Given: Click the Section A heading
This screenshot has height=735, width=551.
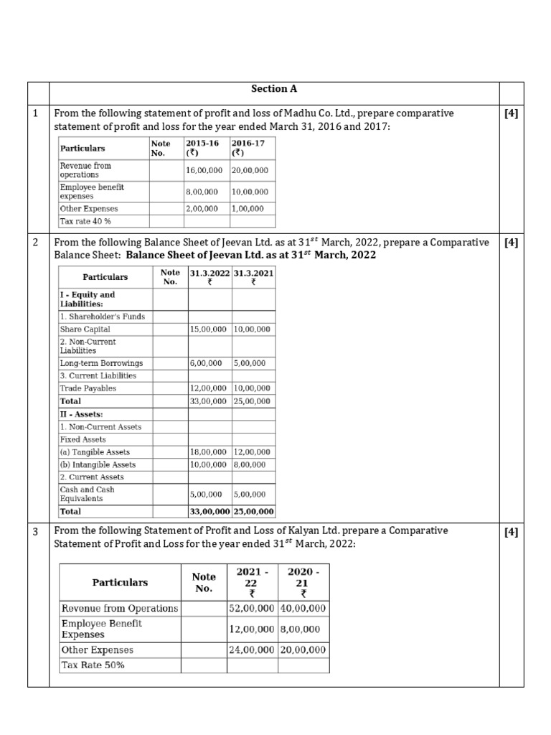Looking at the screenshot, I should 273,89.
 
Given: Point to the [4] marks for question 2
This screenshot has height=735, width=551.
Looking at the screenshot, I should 511,243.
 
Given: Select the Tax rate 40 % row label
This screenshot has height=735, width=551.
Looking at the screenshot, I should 85,221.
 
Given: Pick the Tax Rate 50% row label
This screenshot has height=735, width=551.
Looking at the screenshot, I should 93,665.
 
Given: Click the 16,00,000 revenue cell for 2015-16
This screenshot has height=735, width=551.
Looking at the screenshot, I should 207,170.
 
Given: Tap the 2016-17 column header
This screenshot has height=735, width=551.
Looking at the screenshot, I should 248,148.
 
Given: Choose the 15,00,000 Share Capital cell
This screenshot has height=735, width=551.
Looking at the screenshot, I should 210,329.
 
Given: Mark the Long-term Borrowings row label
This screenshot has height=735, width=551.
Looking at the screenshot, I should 101,363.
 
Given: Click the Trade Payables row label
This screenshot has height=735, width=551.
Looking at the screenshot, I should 88,388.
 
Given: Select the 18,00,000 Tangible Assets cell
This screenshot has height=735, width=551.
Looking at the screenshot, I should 210,452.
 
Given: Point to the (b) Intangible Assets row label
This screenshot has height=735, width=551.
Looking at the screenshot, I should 98,464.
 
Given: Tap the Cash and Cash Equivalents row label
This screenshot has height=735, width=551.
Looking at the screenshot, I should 87,494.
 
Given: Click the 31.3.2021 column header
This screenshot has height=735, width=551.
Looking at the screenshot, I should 253,278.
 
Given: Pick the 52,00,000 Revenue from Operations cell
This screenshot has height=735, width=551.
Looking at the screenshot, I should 252,608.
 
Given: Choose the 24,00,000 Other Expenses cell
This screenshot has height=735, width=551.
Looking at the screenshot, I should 252,650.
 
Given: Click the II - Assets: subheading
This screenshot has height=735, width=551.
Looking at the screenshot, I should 81,414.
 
